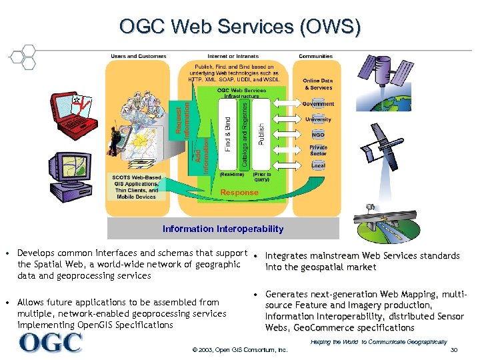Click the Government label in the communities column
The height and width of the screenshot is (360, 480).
point(318,104)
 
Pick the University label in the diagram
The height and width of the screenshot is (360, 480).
point(318,119)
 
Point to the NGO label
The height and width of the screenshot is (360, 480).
point(318,135)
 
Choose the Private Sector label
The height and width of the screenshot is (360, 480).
point(318,150)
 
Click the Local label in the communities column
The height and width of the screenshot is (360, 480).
point(318,165)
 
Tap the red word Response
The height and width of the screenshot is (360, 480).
point(239,193)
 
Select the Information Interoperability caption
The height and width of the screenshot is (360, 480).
point(223,229)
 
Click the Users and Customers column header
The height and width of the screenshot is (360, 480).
point(139,56)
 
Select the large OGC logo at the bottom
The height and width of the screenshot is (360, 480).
point(51,342)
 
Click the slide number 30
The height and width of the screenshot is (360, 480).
point(454,350)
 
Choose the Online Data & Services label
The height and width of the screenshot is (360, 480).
point(318,84)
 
